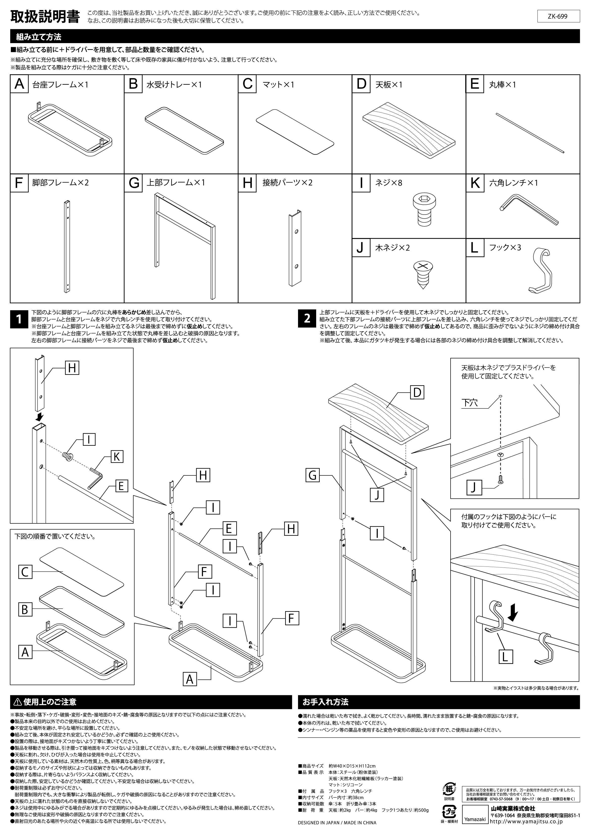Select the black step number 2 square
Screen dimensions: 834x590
pos(307,319)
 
